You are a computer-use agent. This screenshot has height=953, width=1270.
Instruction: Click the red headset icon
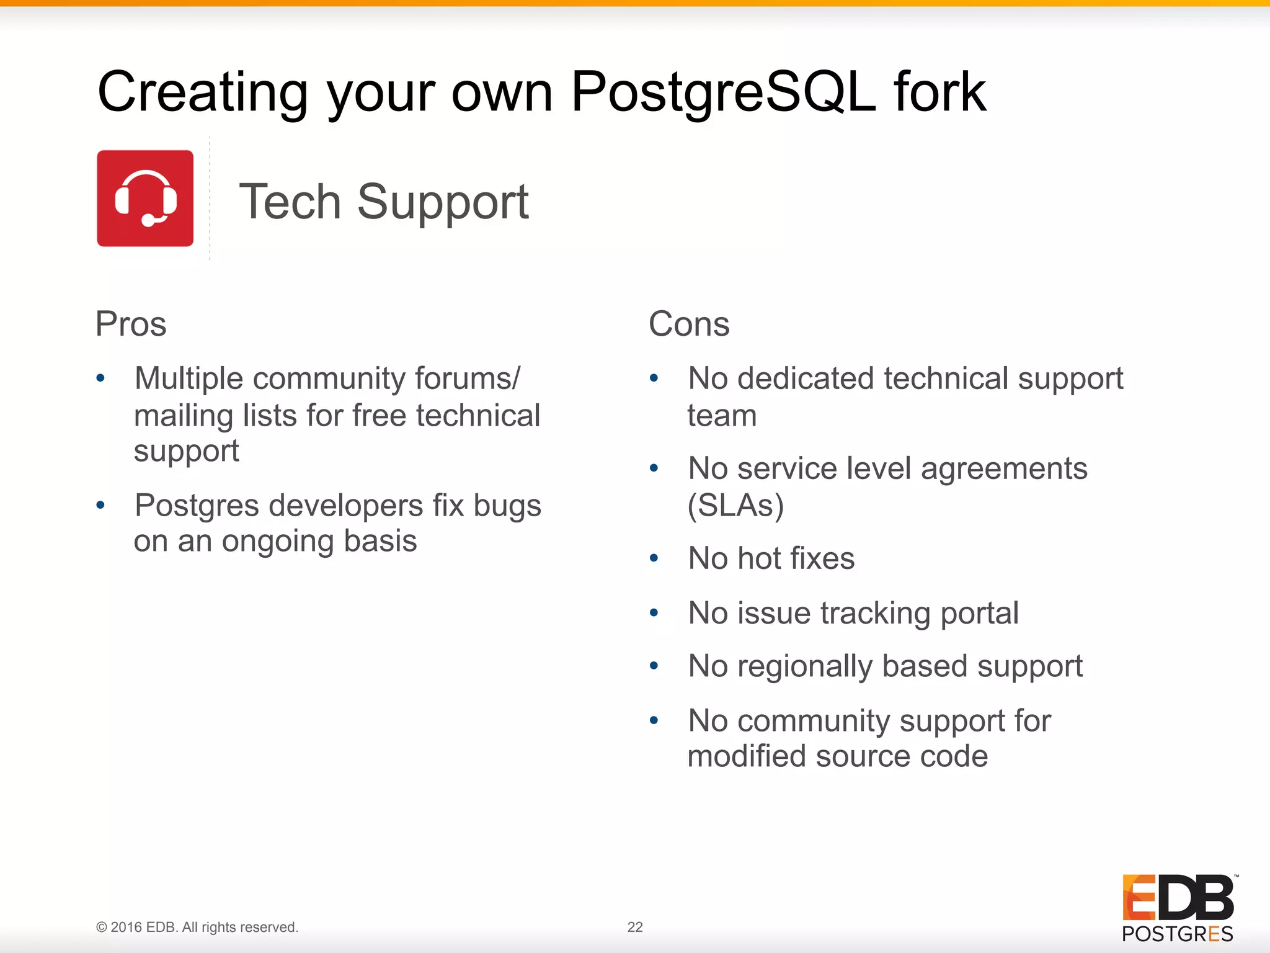145,199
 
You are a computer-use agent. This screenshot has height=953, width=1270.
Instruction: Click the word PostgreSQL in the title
723,92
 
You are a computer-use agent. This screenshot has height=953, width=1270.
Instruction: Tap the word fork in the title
939,92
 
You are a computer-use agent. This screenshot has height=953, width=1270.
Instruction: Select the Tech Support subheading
383,202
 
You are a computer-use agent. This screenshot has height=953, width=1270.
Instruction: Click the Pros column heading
131,324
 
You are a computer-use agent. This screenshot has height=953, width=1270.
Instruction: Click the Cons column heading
689,324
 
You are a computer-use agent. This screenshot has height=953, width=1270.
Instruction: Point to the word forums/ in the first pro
468,378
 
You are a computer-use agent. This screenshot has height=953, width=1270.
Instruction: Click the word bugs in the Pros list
507,506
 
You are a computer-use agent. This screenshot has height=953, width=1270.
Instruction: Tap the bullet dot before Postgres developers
100,506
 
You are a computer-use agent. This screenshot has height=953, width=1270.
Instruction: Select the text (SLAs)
735,506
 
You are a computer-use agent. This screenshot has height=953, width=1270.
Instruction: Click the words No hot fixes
771,558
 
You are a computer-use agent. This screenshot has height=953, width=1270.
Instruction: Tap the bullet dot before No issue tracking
654,613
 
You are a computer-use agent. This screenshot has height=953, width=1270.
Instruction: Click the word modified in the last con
747,756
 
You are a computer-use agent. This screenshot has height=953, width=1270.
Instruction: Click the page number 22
635,927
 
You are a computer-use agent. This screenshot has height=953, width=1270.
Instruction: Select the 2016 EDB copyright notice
197,927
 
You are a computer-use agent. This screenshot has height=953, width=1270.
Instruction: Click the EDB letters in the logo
1178,898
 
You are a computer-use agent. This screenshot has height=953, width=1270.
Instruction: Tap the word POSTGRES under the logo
1177,934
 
